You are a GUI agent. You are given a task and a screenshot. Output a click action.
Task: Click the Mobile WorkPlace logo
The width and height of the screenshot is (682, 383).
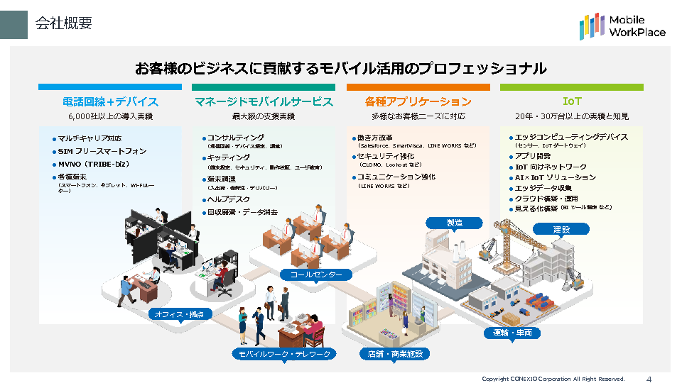622,26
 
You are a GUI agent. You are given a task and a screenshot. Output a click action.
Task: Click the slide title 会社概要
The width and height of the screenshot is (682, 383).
64,23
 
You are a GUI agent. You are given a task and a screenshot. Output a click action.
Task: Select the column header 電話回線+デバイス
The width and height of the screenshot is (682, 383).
110,102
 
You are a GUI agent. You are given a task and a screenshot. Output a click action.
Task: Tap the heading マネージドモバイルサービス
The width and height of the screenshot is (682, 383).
264,102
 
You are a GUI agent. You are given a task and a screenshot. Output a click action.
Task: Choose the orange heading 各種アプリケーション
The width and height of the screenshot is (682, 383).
418,102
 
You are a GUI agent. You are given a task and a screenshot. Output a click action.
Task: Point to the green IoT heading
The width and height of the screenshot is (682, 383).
572,102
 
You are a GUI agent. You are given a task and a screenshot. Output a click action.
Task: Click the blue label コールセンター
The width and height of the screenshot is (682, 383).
316,274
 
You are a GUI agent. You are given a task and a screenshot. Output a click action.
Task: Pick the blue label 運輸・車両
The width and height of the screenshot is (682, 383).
512,333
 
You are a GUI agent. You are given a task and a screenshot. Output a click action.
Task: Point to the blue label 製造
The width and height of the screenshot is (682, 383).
454,223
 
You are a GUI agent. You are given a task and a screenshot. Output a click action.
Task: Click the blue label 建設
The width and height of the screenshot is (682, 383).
561,229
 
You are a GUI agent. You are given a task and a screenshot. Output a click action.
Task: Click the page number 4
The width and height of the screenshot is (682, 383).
648,378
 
